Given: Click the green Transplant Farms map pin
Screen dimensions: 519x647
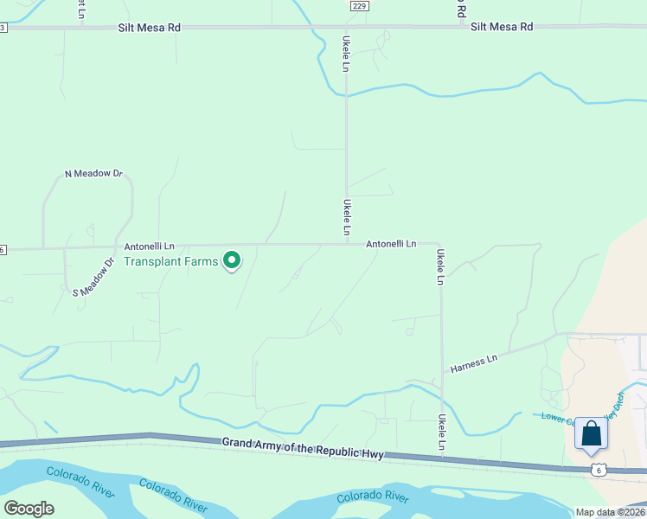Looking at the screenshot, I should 232,259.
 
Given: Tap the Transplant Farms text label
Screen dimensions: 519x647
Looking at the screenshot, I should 171,260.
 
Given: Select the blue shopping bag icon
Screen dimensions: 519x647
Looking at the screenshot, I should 592,433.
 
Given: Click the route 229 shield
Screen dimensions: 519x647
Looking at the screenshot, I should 360,6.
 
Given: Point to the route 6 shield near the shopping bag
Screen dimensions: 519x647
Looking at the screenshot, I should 599,469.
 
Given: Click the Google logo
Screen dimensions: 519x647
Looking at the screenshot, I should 29,508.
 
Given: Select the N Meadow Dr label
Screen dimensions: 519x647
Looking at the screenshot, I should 94,174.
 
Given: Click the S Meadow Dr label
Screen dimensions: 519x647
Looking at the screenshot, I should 94,277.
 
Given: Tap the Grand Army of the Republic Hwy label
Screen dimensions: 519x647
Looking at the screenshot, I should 303,447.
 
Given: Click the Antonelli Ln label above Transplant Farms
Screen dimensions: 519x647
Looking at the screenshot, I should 149,246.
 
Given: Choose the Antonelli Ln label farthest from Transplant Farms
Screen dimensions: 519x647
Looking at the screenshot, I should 391,244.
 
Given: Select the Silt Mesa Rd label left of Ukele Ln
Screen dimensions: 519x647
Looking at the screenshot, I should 149,28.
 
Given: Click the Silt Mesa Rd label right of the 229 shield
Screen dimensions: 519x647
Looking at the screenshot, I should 502,27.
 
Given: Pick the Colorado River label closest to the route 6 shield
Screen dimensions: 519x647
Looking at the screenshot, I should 372,497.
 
